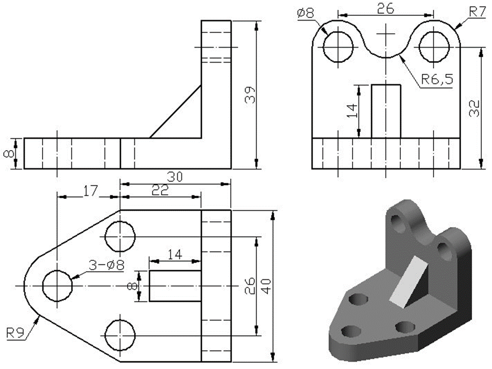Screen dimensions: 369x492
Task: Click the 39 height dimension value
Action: [250, 94]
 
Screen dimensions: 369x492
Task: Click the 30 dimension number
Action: [174, 177]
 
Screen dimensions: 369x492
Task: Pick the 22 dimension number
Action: [159, 190]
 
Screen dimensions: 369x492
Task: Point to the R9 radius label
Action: [16, 333]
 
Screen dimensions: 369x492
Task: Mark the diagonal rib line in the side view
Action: [175, 112]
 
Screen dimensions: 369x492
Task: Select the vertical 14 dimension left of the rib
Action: [352, 111]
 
